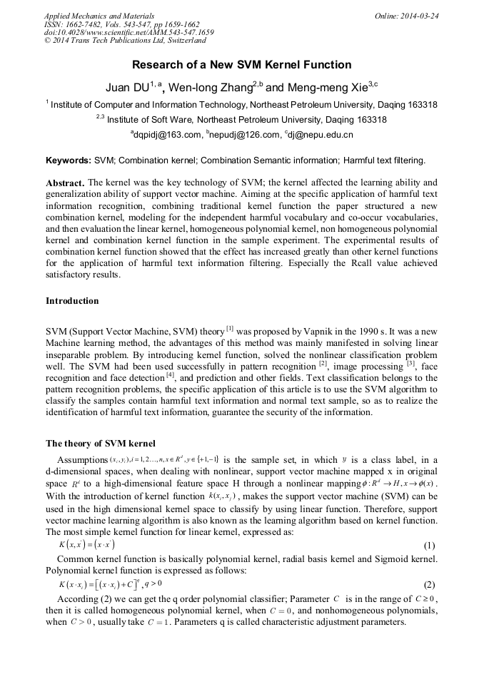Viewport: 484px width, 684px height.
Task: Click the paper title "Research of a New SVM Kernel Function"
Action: pyautogui.click(x=241, y=65)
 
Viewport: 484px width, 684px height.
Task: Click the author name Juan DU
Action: pyautogui.click(x=126, y=88)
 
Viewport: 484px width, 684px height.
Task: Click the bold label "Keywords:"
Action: pyautogui.click(x=69, y=160)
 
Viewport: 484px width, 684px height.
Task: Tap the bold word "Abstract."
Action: pyautogui.click(x=65, y=183)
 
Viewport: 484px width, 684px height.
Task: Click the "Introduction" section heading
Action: pyautogui.click(x=72, y=301)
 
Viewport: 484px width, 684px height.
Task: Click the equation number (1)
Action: pyautogui.click(x=429, y=546)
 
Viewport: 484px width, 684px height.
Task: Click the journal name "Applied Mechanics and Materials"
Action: pyautogui.click(x=99, y=15)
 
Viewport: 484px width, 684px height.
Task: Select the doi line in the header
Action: pyautogui.click(x=128, y=33)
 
